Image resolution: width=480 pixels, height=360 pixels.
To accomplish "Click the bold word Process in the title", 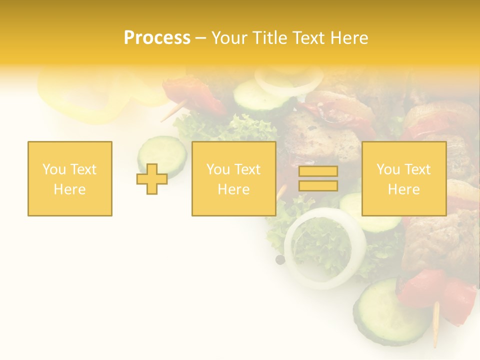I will coord(157,38).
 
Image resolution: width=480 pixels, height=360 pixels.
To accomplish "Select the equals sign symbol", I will coord(318,178).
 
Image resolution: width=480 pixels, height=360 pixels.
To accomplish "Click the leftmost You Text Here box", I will coord(70,178).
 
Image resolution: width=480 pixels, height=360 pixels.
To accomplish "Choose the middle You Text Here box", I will coord(233,178).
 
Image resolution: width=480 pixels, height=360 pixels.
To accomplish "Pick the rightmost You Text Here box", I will coord(403,178).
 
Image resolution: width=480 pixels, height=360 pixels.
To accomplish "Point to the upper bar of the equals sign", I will coord(318,171).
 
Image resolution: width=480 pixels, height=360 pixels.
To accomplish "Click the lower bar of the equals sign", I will coord(318,185).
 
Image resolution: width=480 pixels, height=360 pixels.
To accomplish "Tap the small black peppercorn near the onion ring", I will coord(280,259).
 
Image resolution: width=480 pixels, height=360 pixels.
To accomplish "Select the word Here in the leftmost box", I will coord(70,189).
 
